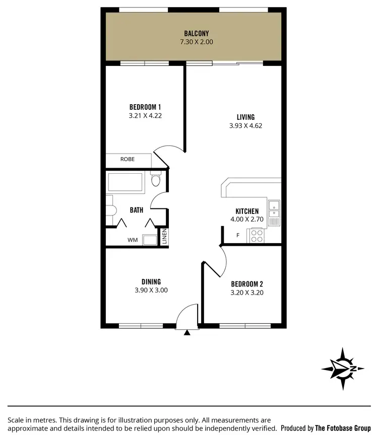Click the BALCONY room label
coord(196,34)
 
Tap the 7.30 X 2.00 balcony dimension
coord(196,42)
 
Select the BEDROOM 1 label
coord(145,107)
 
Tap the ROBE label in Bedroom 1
coord(127,160)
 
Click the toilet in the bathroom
coord(155,180)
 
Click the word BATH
coord(136,210)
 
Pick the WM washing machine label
coord(132,240)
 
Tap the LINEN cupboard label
coord(164,237)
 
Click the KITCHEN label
coord(247,211)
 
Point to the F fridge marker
coord(238,235)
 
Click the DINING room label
coord(151,282)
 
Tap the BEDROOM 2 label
coord(247,284)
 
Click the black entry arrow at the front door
coord(187,332)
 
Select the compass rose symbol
coord(343,369)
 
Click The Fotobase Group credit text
coord(343,427)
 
